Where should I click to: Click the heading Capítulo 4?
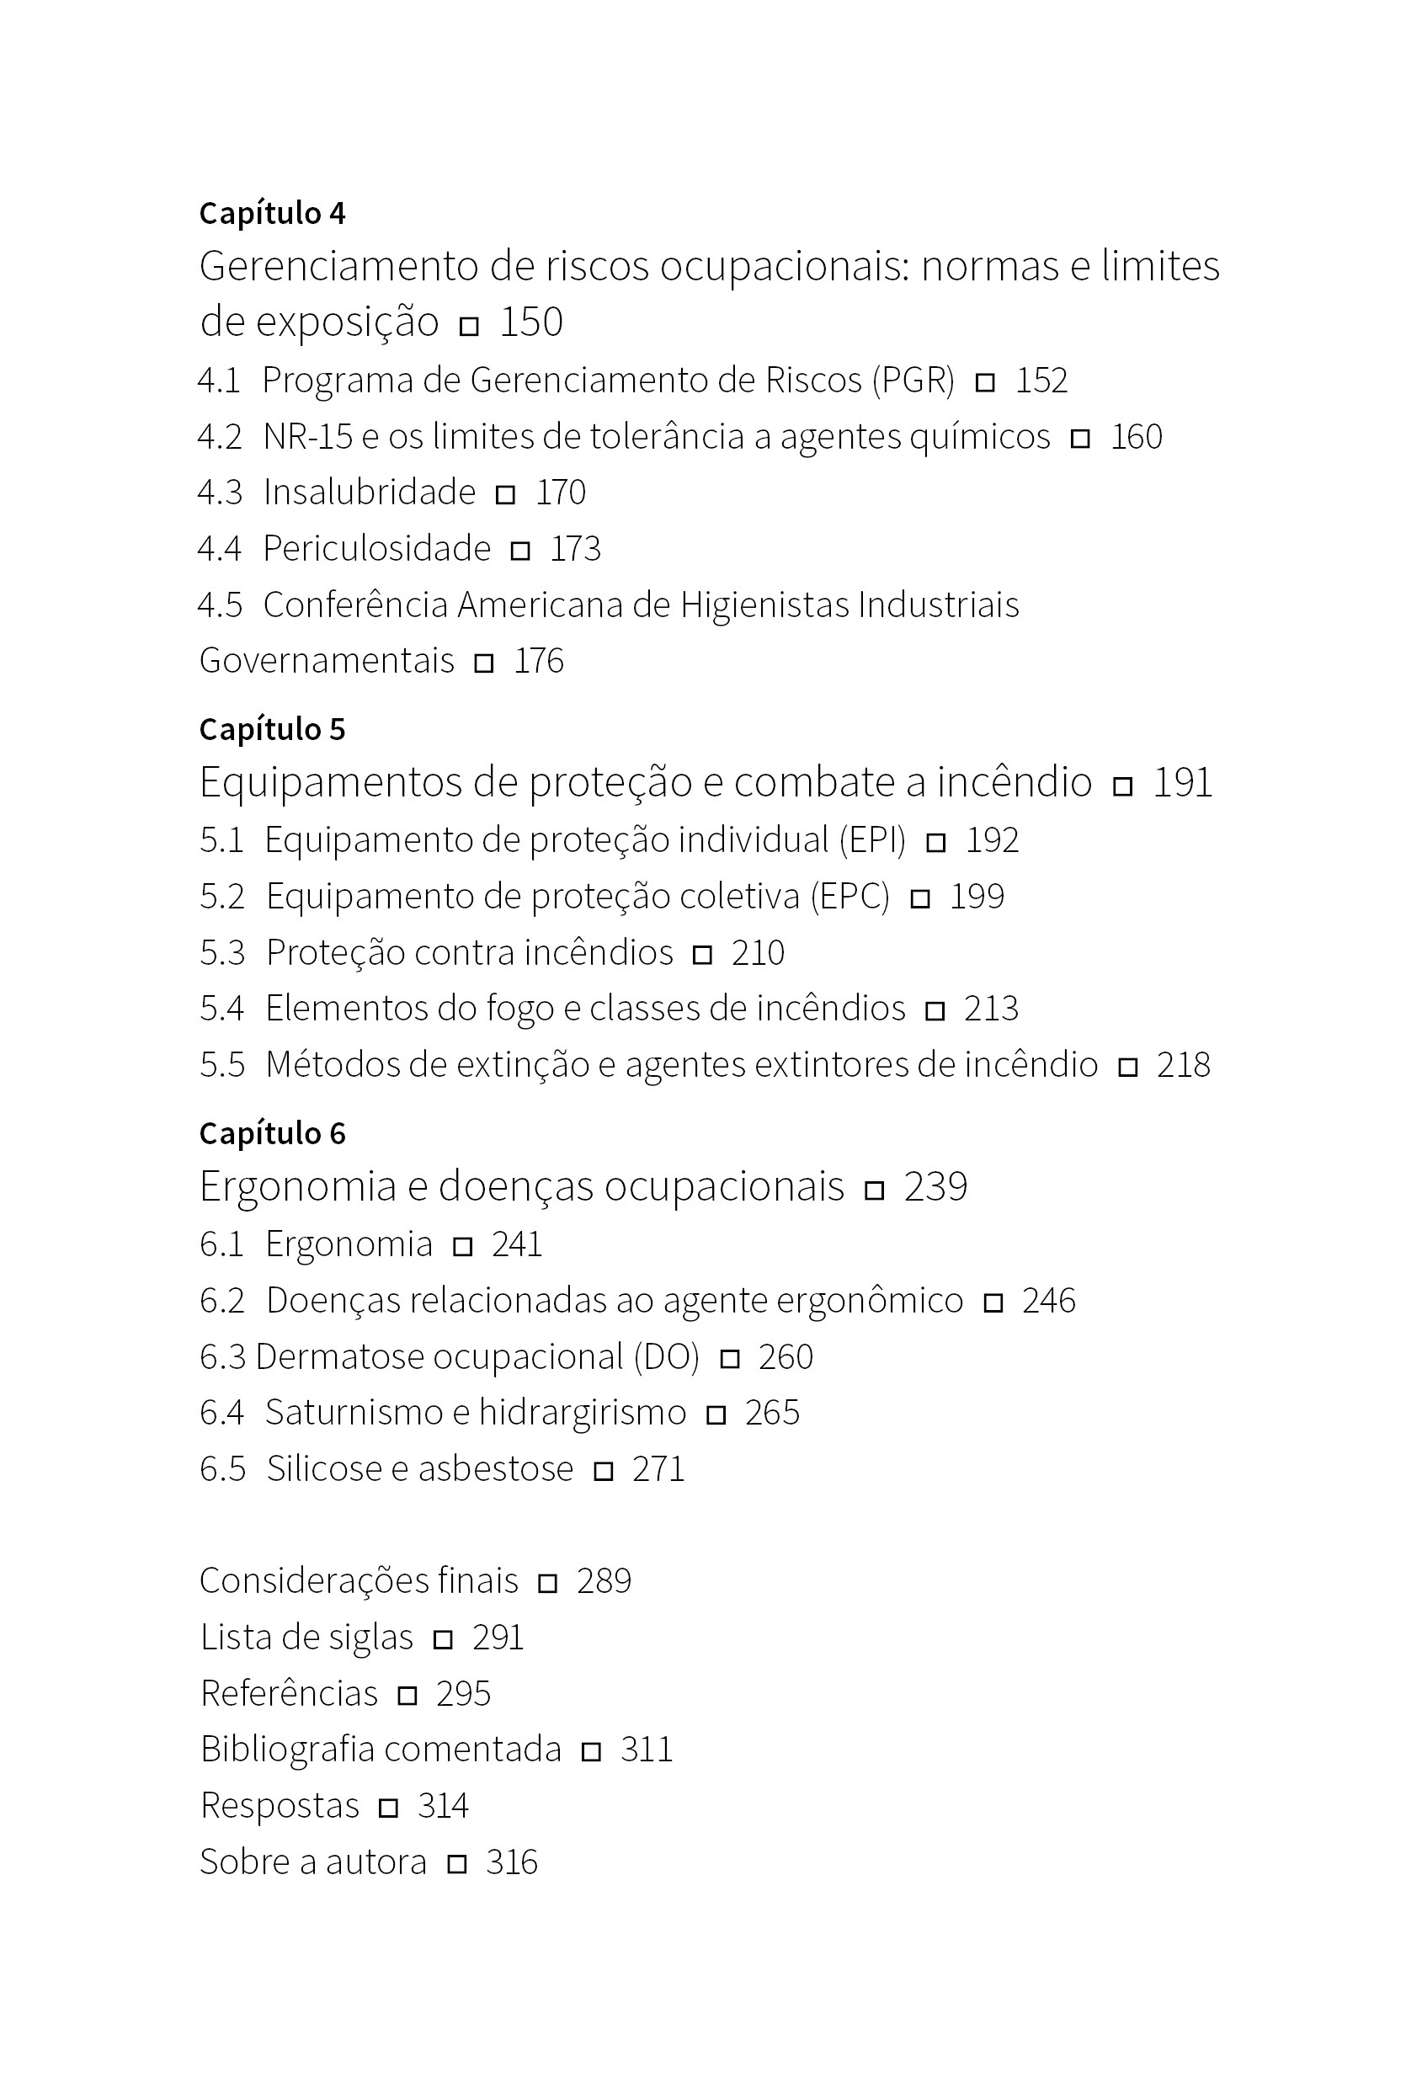tap(272, 214)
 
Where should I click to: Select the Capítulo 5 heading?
tap(272, 730)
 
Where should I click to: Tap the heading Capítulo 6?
tap(272, 1134)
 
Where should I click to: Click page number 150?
tap(531, 322)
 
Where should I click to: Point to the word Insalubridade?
tap(370, 493)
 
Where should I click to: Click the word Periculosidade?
tap(376, 549)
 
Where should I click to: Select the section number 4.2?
tap(220, 437)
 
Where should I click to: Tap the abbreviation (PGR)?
tap(913, 381)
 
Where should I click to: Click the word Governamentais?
tap(327, 661)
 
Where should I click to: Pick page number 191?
tap(1182, 782)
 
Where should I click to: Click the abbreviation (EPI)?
tap(872, 841)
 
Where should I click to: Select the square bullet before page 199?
tap(920, 898)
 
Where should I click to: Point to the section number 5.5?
tap(222, 1066)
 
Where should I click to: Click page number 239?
tap(935, 1187)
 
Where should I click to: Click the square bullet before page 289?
tap(547, 1583)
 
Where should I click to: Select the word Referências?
tap(288, 1694)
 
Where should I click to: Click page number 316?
tap(511, 1862)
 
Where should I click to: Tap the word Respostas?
tap(280, 1806)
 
